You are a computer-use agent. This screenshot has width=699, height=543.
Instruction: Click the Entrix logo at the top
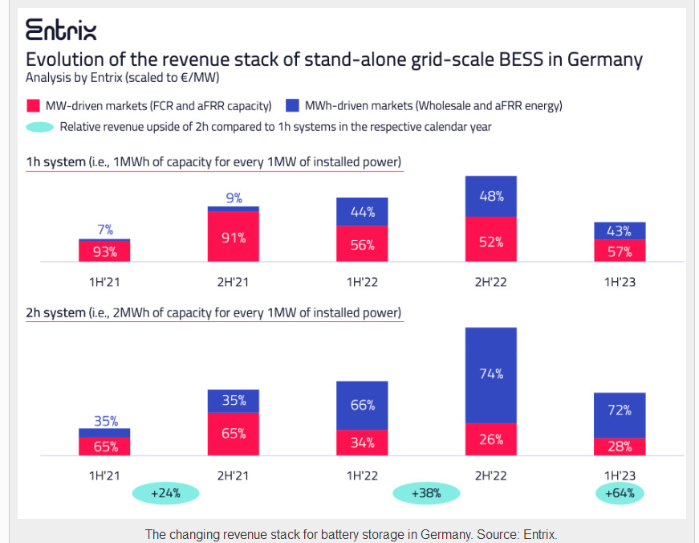[61, 31]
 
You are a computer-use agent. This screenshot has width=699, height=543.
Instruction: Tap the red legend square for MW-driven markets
[34, 105]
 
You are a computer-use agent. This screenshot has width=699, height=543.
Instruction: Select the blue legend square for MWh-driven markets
[293, 105]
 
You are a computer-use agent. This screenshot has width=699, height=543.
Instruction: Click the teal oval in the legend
[41, 127]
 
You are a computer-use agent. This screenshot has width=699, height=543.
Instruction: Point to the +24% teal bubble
[165, 493]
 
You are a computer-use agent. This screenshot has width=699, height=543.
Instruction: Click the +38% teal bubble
[426, 493]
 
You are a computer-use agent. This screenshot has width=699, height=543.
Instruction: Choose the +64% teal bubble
[620, 493]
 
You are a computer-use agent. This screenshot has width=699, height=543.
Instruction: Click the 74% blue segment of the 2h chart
[490, 374]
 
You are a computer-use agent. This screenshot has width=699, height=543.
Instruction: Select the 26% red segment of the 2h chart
[490, 439]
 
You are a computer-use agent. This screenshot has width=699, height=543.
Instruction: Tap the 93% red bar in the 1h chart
[104, 251]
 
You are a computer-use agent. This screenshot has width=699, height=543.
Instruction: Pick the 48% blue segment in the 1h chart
[490, 197]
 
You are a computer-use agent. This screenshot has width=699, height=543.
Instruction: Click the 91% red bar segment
[234, 237]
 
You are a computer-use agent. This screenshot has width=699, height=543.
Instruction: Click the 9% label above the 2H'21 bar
[234, 198]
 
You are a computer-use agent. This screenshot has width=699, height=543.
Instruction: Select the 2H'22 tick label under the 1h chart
[490, 282]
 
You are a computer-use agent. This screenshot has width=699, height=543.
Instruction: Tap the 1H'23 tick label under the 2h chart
[620, 475]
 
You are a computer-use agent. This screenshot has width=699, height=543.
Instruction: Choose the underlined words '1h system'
[55, 162]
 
